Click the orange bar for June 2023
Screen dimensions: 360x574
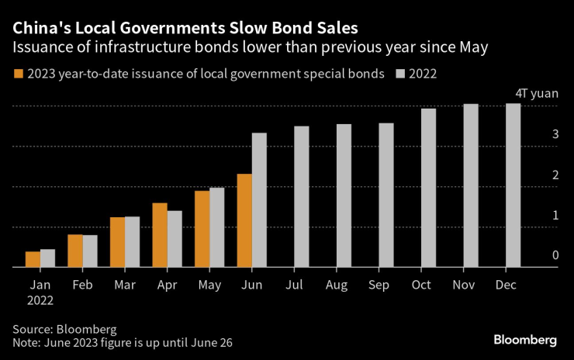coord(244,221)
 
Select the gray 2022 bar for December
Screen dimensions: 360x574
coord(513,186)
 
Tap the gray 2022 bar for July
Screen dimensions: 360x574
coord(301,197)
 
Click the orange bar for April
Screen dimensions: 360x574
coord(160,235)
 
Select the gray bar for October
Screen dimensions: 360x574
coord(428,189)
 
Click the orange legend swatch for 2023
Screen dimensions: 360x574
coord(17,74)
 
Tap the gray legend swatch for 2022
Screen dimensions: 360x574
coord(400,74)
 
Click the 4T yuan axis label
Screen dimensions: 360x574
coord(537,93)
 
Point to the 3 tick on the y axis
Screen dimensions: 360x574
coord(555,134)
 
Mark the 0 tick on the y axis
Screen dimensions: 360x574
coord(555,255)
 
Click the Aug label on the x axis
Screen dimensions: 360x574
coord(337,286)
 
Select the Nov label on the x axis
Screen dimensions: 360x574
coord(464,286)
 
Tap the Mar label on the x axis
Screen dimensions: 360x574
coord(124,286)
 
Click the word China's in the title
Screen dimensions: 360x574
coord(40,29)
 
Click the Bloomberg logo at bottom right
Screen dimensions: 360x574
coord(526,340)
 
